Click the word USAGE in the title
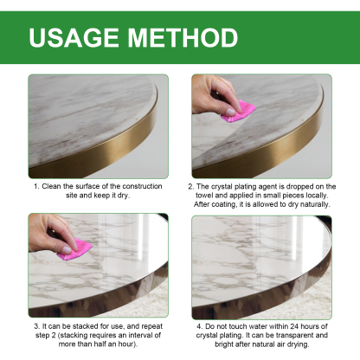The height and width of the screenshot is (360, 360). point(75,38)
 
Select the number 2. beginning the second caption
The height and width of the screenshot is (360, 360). point(191,186)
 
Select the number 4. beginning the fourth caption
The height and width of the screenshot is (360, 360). point(198,325)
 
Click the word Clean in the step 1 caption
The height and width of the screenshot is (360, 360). point(54,186)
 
